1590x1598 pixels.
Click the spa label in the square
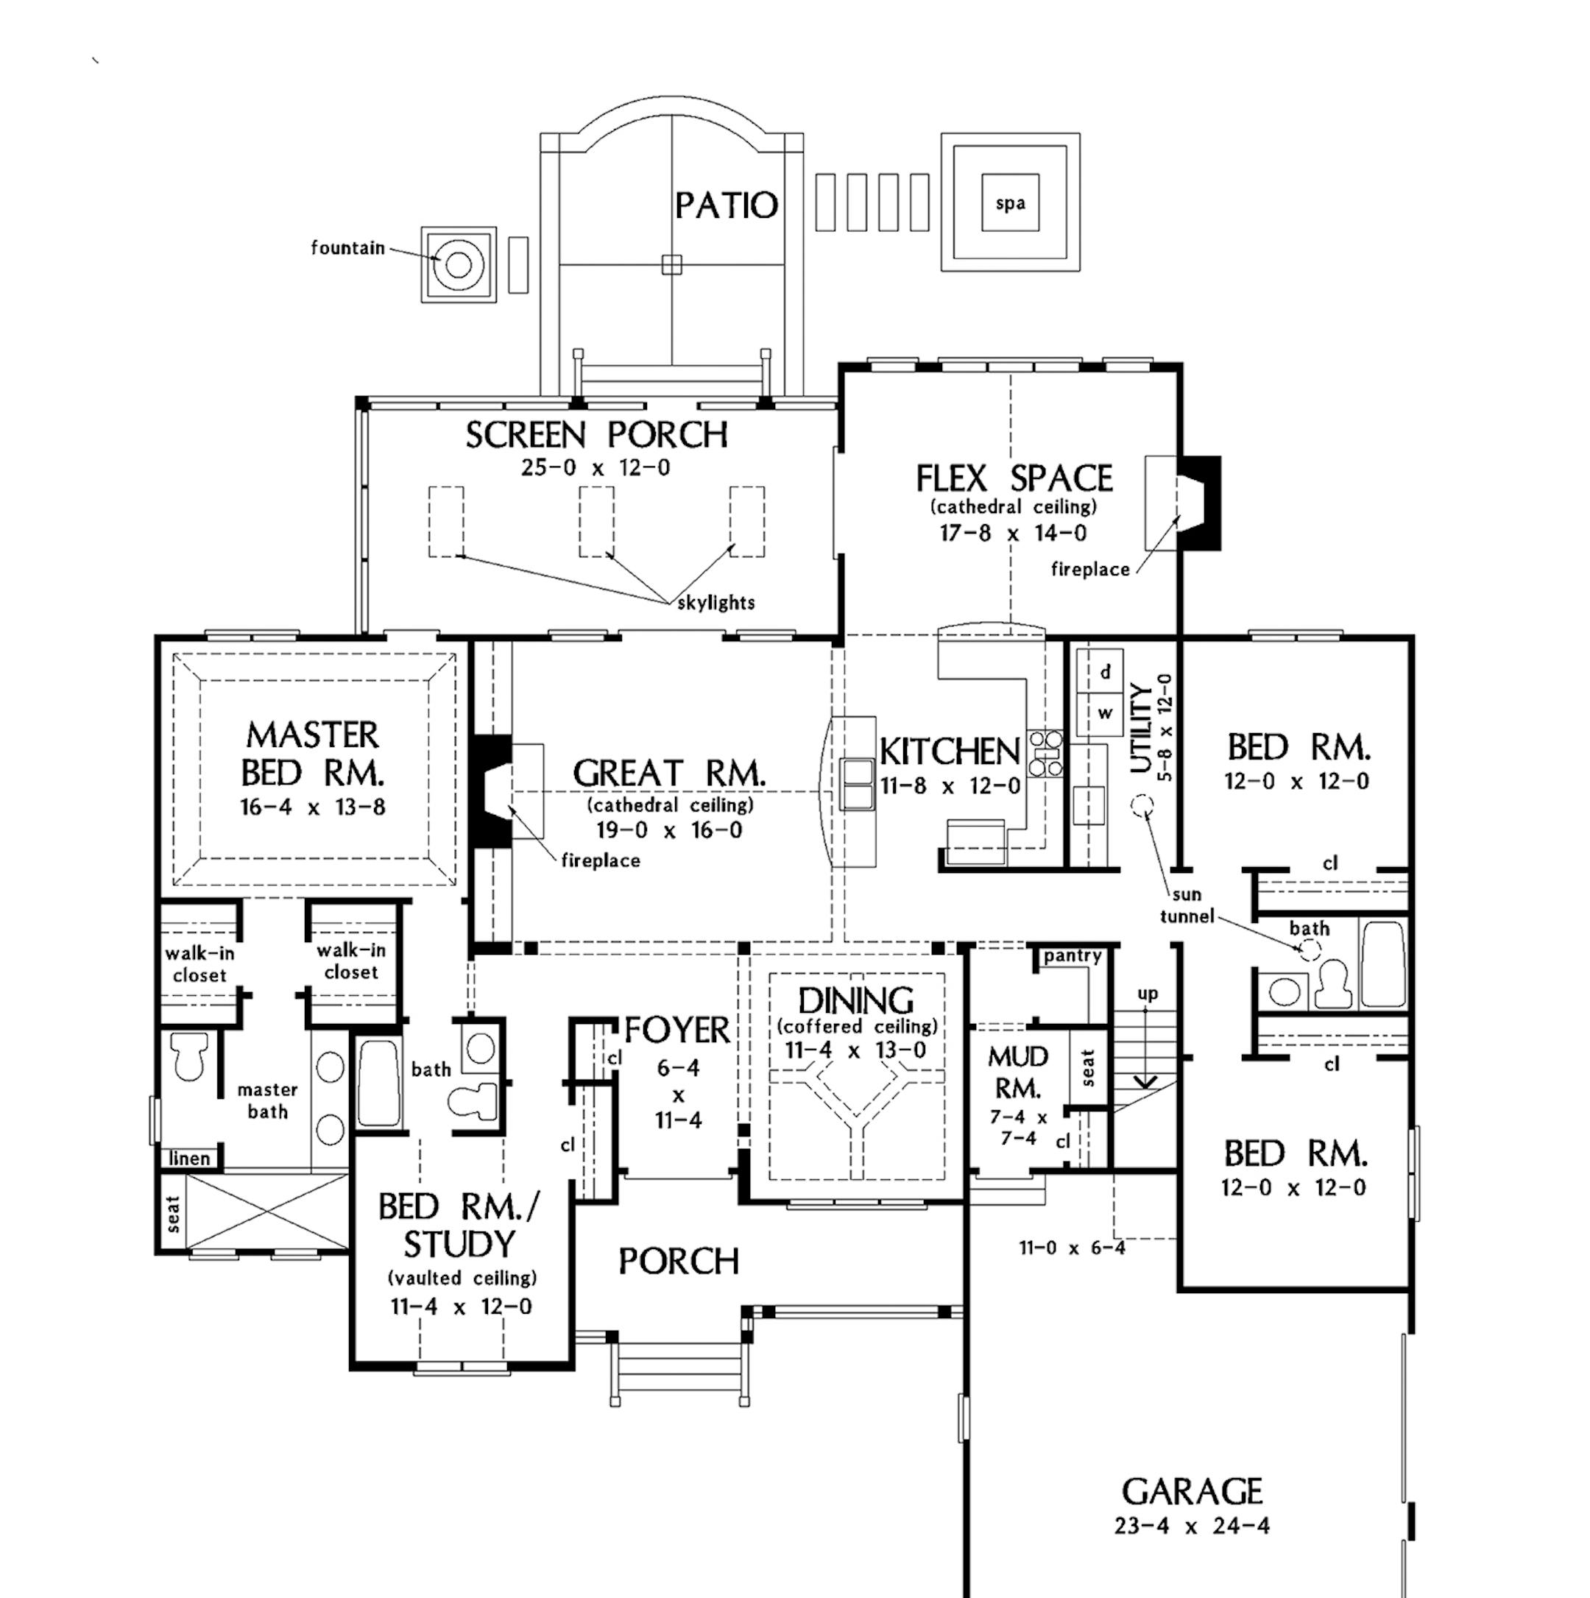click(x=1010, y=203)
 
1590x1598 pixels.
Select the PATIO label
click(x=727, y=206)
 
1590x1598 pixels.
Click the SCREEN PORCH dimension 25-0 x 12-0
click(x=596, y=468)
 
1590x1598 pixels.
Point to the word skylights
click(x=716, y=602)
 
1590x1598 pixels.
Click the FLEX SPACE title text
click(x=1014, y=479)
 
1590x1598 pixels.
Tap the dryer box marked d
click(x=1105, y=671)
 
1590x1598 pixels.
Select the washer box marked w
click(x=1105, y=713)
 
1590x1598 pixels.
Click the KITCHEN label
click(x=950, y=751)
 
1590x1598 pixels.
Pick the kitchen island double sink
click(x=858, y=782)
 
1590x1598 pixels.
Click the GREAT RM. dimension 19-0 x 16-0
click(x=669, y=830)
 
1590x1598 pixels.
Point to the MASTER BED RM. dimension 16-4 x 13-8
click(x=313, y=807)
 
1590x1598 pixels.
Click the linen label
click(x=189, y=1159)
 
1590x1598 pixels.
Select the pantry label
click(x=1072, y=956)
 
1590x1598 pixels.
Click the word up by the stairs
click(x=1148, y=994)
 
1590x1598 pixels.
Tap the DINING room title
click(x=856, y=1001)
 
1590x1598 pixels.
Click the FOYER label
click(x=677, y=1030)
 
